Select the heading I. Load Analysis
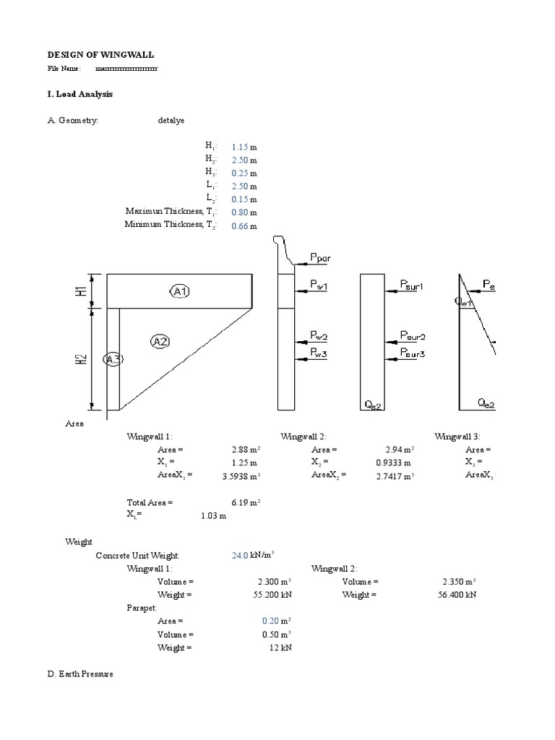(x=79, y=95)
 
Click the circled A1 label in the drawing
(x=181, y=291)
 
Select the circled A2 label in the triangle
(x=160, y=341)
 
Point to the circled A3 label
(x=113, y=359)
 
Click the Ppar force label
(x=322, y=257)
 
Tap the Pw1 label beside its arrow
(x=319, y=286)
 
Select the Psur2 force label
(x=413, y=337)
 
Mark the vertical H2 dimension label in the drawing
(x=84, y=359)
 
